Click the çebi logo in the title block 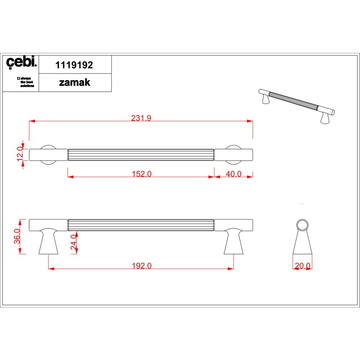pos(21,62)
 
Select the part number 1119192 pos(74,65)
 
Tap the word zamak pos(75,82)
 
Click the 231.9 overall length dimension pos(141,118)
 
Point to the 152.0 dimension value pos(141,174)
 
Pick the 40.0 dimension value pos(234,174)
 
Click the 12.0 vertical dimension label pos(20,154)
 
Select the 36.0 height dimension pos(17,236)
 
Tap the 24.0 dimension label pos(74,242)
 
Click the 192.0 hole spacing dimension pos(141,266)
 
